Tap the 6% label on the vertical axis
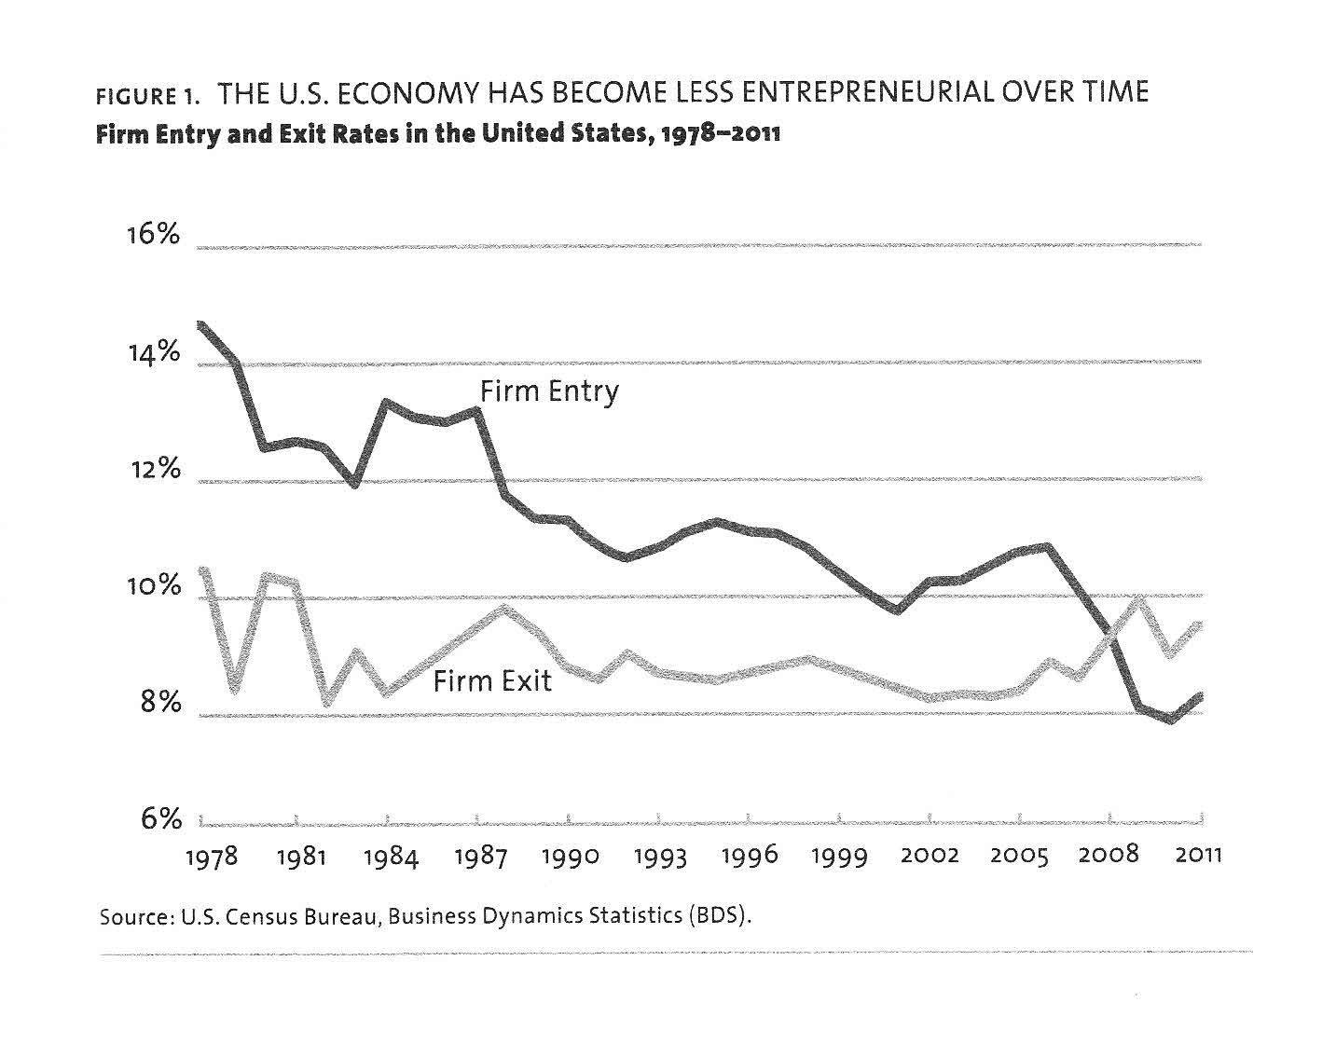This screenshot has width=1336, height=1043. tap(158, 819)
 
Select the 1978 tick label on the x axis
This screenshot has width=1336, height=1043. tap(213, 858)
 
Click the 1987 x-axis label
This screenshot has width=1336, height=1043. tap(480, 857)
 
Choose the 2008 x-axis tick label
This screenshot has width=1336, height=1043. tap(1109, 855)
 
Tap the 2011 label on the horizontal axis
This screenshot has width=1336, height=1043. tap(1198, 855)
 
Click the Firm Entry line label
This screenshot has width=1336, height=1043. tap(549, 391)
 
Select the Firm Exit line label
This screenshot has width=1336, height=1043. tap(492, 681)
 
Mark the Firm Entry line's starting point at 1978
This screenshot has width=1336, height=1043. tap(200, 324)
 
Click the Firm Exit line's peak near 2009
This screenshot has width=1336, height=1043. tap(1138, 599)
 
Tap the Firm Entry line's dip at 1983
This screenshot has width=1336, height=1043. tap(354, 484)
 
